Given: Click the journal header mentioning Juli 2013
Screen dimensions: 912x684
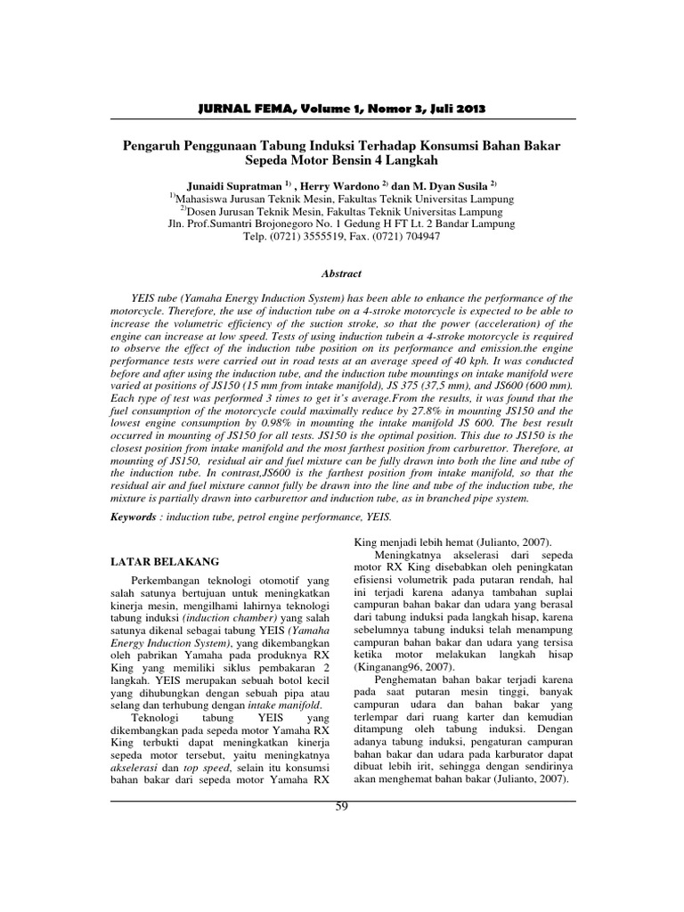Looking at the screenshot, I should [341, 109].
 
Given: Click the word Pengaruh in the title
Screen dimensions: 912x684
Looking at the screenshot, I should [151, 144].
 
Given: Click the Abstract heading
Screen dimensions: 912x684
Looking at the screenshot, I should [341, 275].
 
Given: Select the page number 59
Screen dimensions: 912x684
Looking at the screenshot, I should [341, 807].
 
